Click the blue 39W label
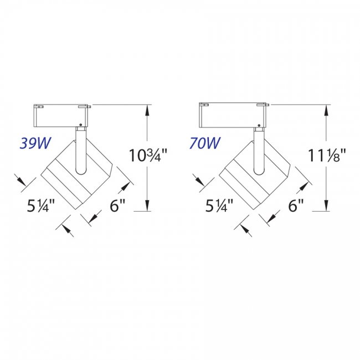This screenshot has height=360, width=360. coord(35,143)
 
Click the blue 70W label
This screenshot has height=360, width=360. coord(204,143)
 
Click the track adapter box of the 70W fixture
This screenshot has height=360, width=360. coord(233,115)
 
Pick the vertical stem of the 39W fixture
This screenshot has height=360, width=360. coord(80,150)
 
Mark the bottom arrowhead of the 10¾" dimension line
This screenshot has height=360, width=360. coord(147,207)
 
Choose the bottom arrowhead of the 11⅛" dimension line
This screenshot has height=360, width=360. coord(326,207)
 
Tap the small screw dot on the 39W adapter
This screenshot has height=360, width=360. coord(81,124)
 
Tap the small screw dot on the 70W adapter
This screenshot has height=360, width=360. coord(258,124)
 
